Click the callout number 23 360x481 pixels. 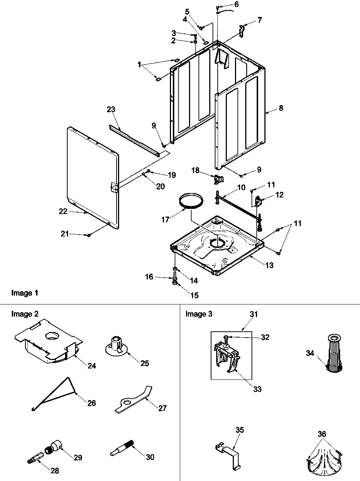point(111,109)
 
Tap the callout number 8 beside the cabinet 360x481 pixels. point(281,108)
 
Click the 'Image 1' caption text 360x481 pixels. point(25,293)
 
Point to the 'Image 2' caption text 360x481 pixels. point(25,314)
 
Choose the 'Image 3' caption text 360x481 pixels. point(199,314)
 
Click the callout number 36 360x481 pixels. point(322,434)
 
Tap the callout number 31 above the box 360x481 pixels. point(254,314)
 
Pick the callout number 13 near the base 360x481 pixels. point(270,265)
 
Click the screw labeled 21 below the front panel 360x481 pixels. point(89,235)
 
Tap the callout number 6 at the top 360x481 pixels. point(246,4)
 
